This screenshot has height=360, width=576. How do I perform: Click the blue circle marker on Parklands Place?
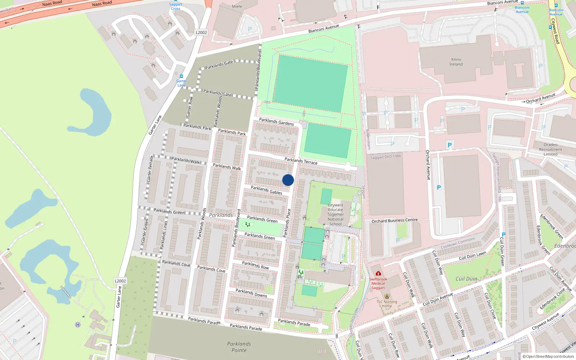point(288,180)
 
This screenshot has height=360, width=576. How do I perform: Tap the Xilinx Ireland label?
point(456,62)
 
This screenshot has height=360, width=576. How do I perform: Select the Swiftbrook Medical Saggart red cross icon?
point(378,274)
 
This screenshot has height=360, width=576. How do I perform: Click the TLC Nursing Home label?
point(387,304)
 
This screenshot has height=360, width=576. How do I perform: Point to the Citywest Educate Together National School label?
point(336,215)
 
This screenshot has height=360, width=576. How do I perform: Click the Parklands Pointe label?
point(239,347)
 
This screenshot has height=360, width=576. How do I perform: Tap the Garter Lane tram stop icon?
point(181,76)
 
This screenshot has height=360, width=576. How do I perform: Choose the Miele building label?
point(237,6)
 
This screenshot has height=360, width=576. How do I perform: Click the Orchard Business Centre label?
point(395,221)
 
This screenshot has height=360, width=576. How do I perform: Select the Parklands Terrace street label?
point(301,161)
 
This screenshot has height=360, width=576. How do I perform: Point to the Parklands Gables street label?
point(266,190)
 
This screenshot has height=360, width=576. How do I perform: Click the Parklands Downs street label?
point(251,293)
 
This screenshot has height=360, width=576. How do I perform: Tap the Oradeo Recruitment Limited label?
point(550,149)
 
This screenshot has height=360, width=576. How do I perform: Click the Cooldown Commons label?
point(458,243)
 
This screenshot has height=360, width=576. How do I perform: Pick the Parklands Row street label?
point(255,265)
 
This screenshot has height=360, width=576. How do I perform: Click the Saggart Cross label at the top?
point(176,6)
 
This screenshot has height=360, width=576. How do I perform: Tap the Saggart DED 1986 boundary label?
point(386,157)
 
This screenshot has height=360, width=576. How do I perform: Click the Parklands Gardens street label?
point(276,122)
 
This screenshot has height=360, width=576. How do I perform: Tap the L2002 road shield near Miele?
point(201,32)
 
